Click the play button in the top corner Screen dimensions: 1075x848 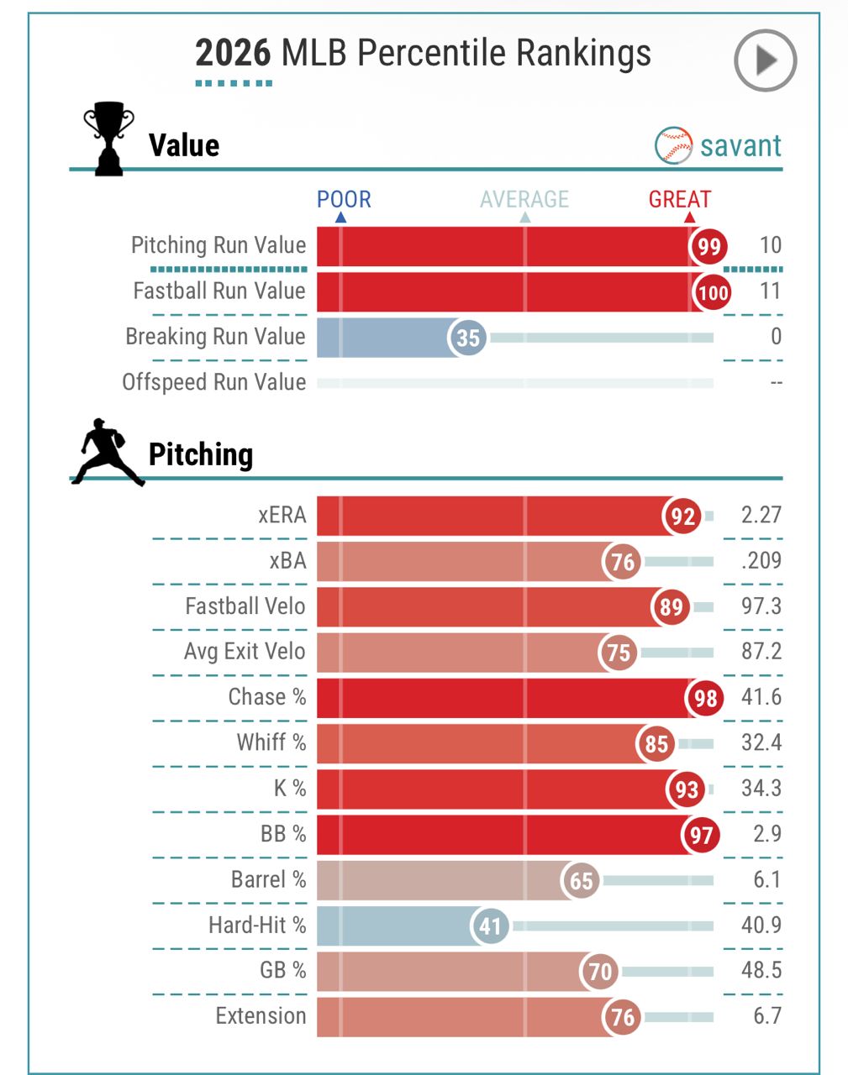(765, 60)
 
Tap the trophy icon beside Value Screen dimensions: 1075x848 (108, 139)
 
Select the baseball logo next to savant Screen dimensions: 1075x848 (673, 146)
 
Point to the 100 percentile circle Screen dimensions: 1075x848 (713, 292)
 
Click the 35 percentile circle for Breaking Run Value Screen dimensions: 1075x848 (468, 338)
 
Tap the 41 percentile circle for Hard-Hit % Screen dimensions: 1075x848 (491, 926)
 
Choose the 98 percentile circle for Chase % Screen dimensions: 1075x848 (705, 699)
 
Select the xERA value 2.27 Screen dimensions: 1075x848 (761, 515)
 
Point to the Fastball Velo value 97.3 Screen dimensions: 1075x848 (761, 606)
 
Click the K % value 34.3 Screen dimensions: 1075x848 (761, 789)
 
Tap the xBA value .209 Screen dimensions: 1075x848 (761, 561)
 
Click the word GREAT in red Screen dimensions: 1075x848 (679, 200)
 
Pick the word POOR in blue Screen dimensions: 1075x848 (344, 200)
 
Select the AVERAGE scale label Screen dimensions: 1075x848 (524, 200)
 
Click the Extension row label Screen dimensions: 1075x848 (261, 1016)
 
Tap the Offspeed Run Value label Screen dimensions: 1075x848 (214, 382)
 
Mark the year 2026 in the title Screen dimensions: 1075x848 (233, 54)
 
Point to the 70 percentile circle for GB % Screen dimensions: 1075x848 (600, 972)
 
